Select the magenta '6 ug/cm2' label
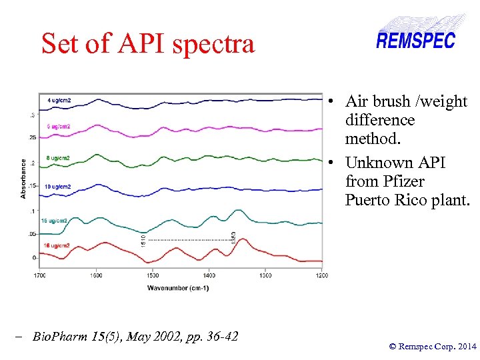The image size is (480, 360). coord(59,126)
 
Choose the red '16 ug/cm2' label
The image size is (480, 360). coord(57,246)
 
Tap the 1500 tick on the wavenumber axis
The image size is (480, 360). coord(153,275)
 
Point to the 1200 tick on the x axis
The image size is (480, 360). coord(322,275)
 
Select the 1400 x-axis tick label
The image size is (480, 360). coord(209,275)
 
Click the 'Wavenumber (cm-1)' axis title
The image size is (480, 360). coord(178,288)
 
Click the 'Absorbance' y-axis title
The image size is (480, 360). coord(24,178)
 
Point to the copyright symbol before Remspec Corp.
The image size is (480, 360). coord(392,346)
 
